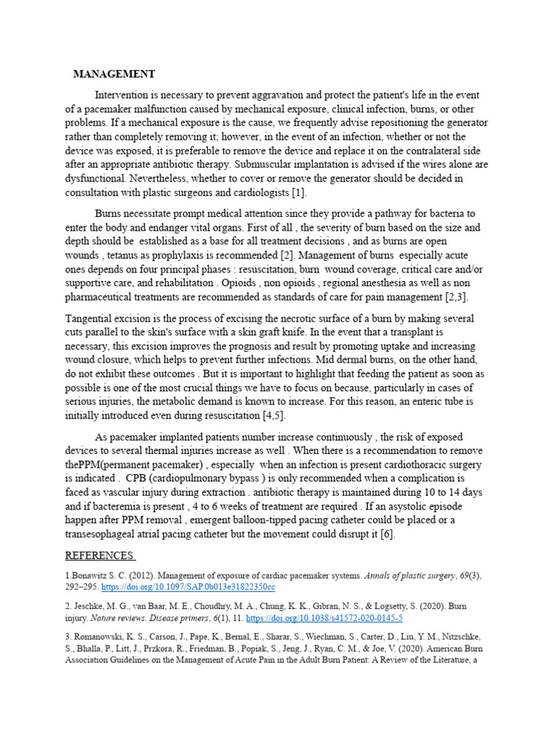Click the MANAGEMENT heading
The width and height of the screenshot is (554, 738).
pyautogui.click(x=114, y=74)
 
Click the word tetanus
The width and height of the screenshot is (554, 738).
pyautogui.click(x=128, y=254)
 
